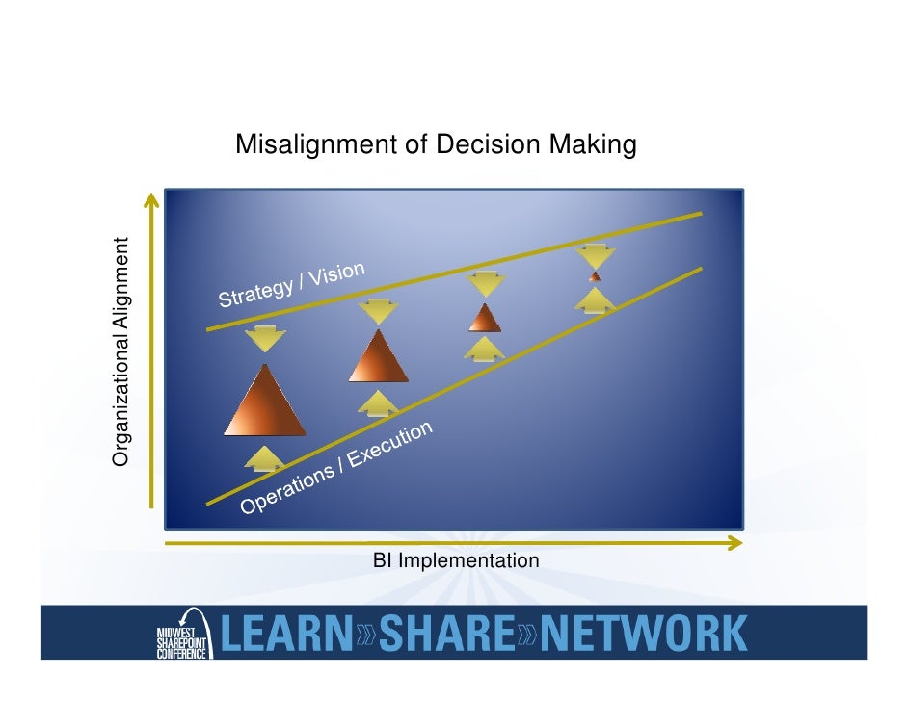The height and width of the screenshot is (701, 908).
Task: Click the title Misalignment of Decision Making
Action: (x=436, y=145)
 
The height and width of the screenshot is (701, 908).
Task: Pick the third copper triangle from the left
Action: (x=485, y=319)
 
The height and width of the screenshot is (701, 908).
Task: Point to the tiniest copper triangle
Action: (x=595, y=276)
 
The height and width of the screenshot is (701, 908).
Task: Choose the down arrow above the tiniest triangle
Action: (x=595, y=256)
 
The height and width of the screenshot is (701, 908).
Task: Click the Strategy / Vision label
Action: (x=292, y=284)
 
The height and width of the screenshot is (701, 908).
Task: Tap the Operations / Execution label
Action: (x=336, y=468)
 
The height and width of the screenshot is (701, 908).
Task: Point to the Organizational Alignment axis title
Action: (x=121, y=351)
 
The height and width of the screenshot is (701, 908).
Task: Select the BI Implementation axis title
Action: (x=456, y=560)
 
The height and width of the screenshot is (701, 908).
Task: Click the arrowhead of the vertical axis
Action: (x=150, y=199)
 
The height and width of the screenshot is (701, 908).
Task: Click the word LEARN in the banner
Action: (x=286, y=634)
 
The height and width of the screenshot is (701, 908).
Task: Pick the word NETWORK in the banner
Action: (x=643, y=634)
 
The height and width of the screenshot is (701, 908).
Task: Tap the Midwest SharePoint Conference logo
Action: (x=179, y=636)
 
